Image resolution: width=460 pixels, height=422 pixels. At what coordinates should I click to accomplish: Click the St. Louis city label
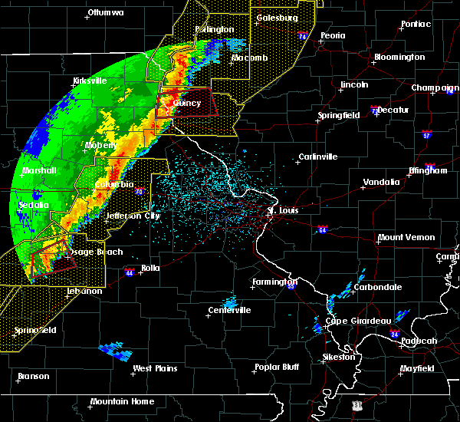pyautogui.click(x=282, y=209)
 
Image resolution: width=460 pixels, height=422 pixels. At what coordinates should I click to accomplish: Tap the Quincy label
pyautogui.click(x=187, y=103)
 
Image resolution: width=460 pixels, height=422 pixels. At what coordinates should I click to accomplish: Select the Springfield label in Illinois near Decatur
pyautogui.click(x=339, y=116)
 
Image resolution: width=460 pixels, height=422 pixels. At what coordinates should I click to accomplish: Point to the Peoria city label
pyautogui.click(x=333, y=36)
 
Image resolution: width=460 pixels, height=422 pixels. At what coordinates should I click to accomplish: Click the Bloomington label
pyautogui.click(x=399, y=58)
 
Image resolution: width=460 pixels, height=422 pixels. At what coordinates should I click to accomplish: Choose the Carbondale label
pyautogui.click(x=379, y=287)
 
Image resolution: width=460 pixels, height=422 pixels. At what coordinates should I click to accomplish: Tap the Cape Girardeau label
pyautogui.click(x=359, y=321)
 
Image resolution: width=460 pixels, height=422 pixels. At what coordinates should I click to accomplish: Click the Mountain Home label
pyautogui.click(x=122, y=402)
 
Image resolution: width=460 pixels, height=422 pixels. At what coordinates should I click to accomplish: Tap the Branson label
pyautogui.click(x=34, y=377)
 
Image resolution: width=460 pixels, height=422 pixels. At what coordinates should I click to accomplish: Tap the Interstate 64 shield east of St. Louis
pyautogui.click(x=322, y=229)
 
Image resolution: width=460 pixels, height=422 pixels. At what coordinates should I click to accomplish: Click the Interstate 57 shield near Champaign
pyautogui.click(x=426, y=135)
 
